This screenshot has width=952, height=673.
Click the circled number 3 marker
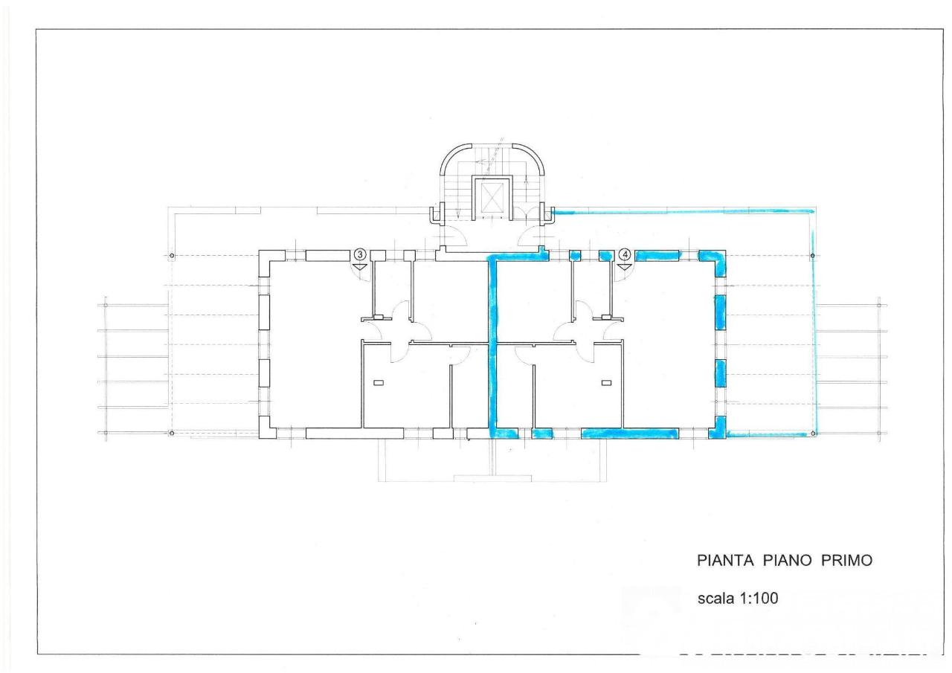coord(359,254)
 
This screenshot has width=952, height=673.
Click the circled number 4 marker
coord(625,254)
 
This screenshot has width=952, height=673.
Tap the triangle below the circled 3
coord(359,267)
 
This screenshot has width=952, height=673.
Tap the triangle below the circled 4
coord(624,267)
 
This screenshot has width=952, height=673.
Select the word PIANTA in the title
coord(725,561)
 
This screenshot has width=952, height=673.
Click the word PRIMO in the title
coord(846,561)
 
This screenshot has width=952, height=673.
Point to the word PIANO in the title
coord(788,561)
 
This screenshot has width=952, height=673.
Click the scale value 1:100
coord(759,598)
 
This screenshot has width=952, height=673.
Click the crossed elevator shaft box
coord(492,199)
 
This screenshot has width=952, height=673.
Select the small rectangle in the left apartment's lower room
coord(379,383)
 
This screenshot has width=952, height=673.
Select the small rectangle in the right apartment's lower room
coord(606,383)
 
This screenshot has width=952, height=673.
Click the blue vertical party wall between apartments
coord(493,347)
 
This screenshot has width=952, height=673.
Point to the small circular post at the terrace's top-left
coord(172,256)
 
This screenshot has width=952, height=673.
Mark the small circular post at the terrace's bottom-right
coord(813,434)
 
